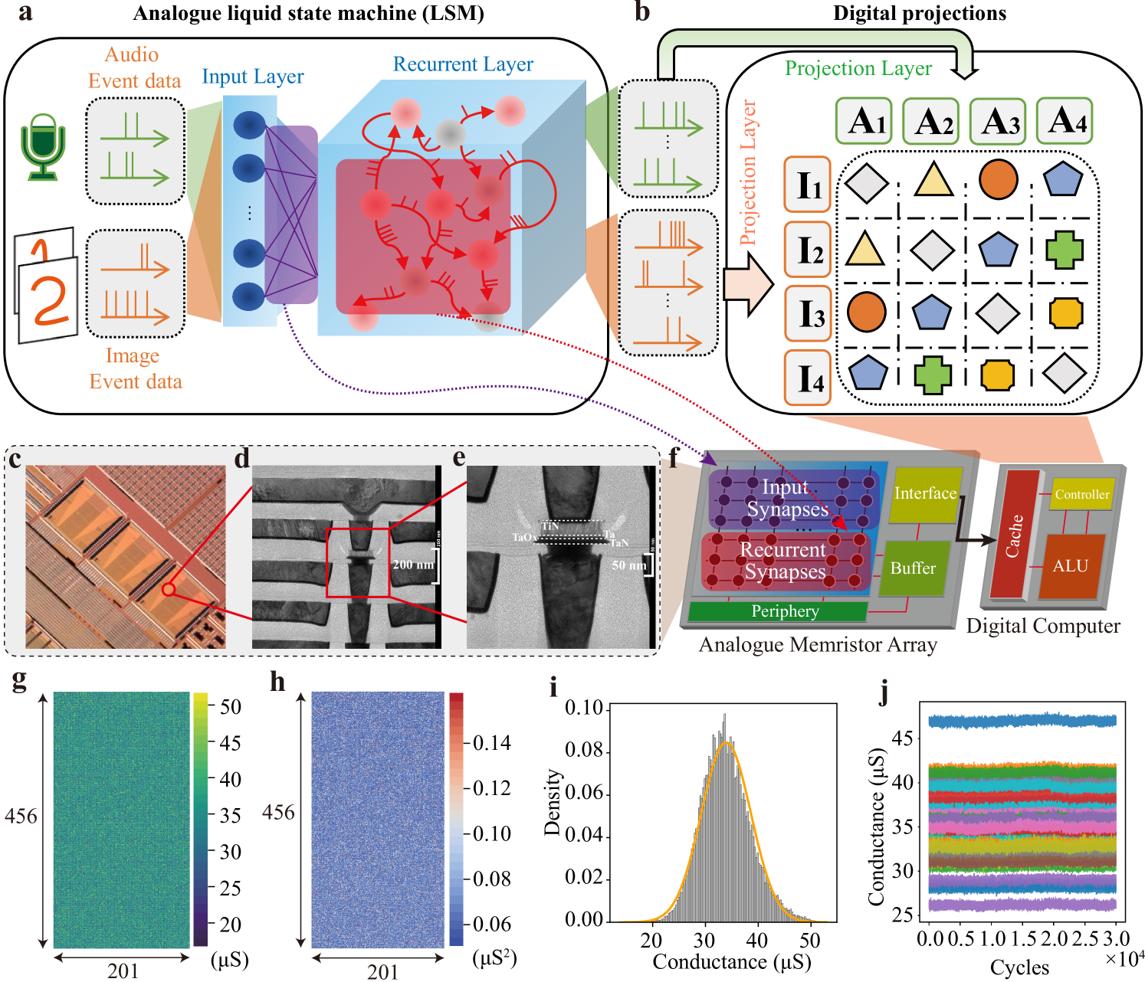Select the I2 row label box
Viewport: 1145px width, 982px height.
pyautogui.click(x=807, y=249)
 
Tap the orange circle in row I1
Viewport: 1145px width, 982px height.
pyautogui.click(x=998, y=180)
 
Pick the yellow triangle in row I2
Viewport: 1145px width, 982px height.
pyautogui.click(x=864, y=249)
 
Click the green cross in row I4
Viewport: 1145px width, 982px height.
pyautogui.click(x=933, y=375)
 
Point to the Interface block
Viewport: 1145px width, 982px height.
pyautogui.click(x=925, y=494)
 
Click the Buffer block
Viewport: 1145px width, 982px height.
pyautogui.click(x=913, y=568)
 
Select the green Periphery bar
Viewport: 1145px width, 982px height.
pyautogui.click(x=777, y=611)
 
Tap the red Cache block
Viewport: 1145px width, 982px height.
pyautogui.click(x=1014, y=535)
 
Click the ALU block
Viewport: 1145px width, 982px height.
pyautogui.click(x=1071, y=566)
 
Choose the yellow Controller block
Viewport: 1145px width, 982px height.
pyautogui.click(x=1081, y=495)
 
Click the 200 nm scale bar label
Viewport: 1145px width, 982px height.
pyautogui.click(x=413, y=565)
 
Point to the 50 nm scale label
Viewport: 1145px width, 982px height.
pyautogui.click(x=628, y=565)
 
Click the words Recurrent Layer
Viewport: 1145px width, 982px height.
pyautogui.click(x=463, y=64)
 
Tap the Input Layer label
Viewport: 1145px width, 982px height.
pyautogui.click(x=252, y=77)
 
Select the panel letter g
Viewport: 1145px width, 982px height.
pyautogui.click(x=20, y=679)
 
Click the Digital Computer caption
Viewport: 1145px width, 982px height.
pyautogui.click(x=1043, y=627)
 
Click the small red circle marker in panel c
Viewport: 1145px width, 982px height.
pyautogui.click(x=169, y=589)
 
